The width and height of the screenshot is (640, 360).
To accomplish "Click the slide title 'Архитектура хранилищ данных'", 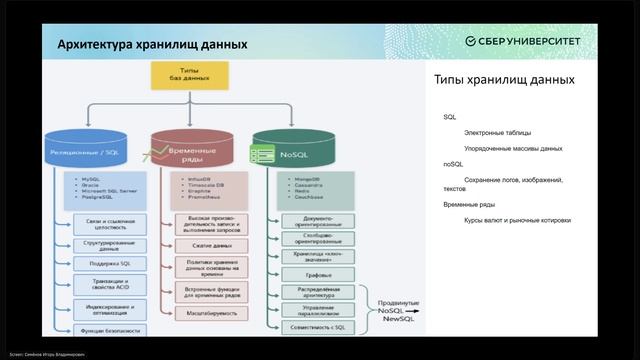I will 137,44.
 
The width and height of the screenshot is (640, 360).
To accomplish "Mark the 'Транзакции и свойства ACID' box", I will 112,287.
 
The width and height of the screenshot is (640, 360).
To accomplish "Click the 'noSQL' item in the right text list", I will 454,162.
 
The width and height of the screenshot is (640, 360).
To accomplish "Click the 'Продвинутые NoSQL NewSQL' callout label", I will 398,311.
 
